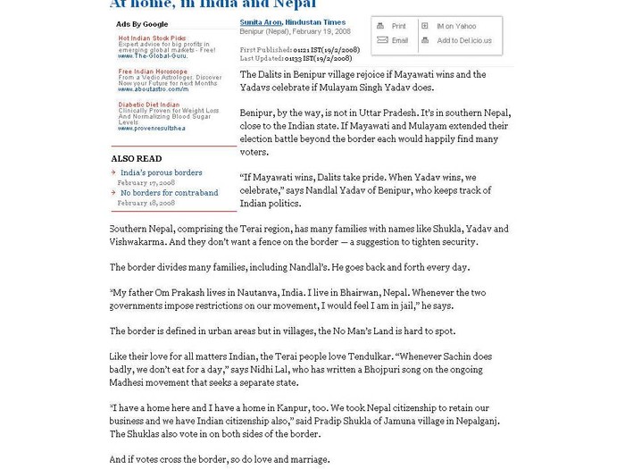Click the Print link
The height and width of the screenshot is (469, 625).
coord(398,27)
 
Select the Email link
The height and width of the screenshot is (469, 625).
coord(399,41)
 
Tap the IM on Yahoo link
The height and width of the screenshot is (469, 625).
coord(455,27)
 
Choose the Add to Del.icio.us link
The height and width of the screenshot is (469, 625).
coord(463,41)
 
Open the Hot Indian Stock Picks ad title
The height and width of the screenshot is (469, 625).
coord(153,38)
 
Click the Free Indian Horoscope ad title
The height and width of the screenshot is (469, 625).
coord(154,71)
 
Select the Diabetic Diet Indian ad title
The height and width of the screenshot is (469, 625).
coord(149,105)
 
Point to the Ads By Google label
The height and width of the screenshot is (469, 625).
coord(142,24)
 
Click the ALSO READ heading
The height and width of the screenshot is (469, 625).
coord(137,159)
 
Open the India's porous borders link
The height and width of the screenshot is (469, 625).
coord(162,172)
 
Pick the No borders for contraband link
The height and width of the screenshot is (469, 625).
coord(170,193)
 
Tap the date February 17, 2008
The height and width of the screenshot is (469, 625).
coord(146,182)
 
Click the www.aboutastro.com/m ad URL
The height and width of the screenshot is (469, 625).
coord(154,89)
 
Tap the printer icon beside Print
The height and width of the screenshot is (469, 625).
coord(382,27)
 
